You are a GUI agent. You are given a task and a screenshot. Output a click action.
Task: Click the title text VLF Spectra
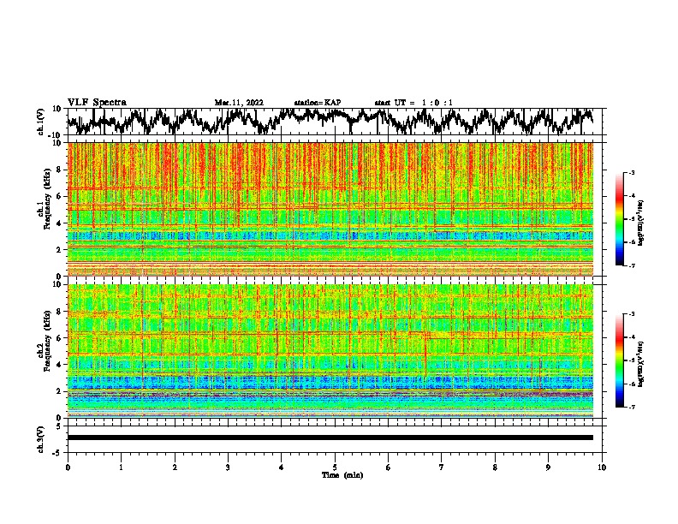click(x=97, y=103)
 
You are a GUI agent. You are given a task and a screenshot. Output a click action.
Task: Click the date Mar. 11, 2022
click(x=239, y=103)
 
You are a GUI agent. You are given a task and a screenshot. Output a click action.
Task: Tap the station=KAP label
click(x=318, y=103)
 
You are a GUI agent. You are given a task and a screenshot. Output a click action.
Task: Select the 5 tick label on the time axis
click(x=335, y=467)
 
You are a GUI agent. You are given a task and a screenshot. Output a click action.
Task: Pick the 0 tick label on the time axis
click(x=68, y=467)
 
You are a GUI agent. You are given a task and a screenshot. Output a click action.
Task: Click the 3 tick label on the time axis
click(x=228, y=467)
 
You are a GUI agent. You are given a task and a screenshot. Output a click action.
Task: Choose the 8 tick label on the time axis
click(x=495, y=467)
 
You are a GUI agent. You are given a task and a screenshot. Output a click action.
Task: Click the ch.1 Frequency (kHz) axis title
click(x=45, y=210)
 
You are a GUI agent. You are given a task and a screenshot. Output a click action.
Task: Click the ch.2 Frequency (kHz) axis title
click(x=45, y=351)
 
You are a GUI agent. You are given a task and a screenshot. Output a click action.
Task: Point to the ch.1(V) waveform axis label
click(x=41, y=122)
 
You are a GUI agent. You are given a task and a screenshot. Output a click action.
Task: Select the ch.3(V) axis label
click(x=41, y=438)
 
